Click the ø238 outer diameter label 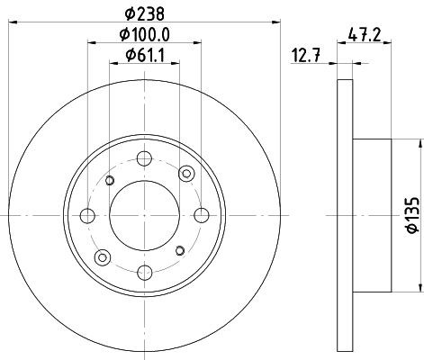pyautogui.click(x=144, y=13)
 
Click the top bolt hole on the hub pyautogui.click(x=144, y=161)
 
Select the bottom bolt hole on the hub pyautogui.click(x=144, y=270)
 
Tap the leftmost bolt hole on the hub pyautogui.click(x=88, y=215)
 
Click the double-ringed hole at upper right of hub pyautogui.click(x=186, y=174)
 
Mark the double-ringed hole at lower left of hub pyautogui.click(x=103, y=256)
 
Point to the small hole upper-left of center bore pyautogui.click(x=110, y=181)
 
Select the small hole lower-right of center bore pyautogui.click(x=178, y=250)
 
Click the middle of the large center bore pyautogui.click(x=144, y=215)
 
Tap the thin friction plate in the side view pyautogui.click(x=345, y=215)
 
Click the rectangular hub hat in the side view pyautogui.click(x=372, y=215)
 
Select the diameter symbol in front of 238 pyautogui.click(x=129, y=13)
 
